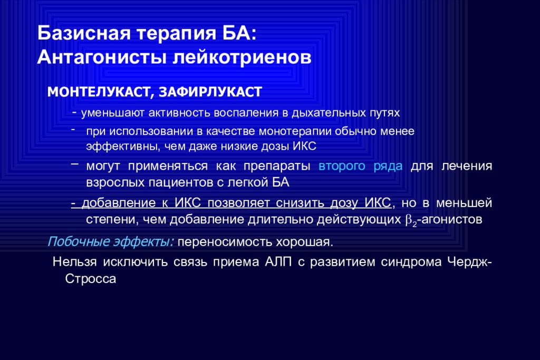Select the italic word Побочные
[x=78, y=242]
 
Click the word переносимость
[x=221, y=242]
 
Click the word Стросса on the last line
[x=90, y=278]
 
